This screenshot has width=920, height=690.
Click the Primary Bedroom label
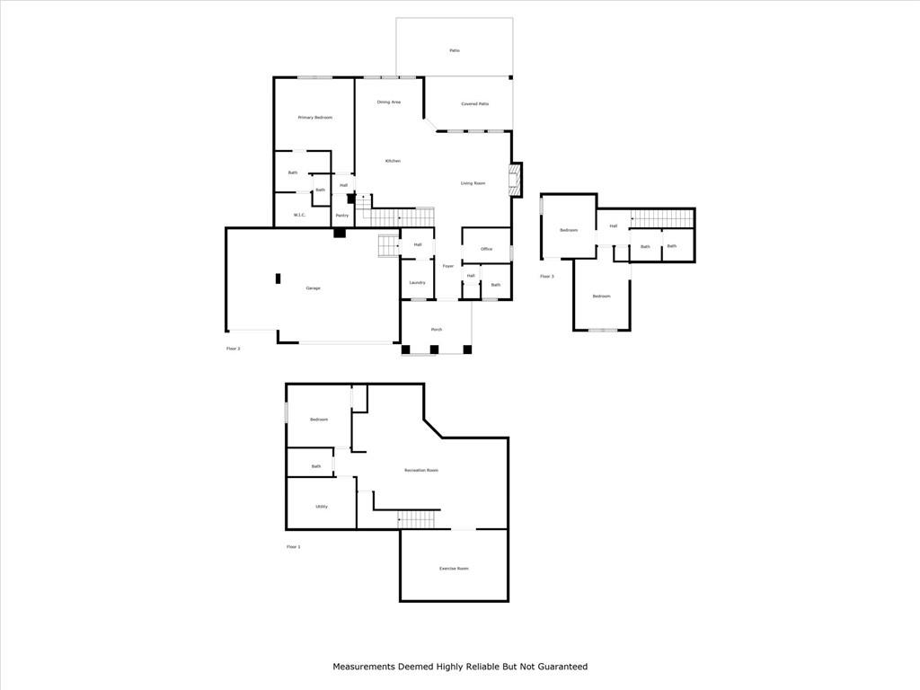coord(315,118)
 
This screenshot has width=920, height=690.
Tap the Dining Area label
coord(389,102)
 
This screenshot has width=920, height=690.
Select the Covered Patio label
coord(475,104)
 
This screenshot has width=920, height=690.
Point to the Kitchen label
coord(393,161)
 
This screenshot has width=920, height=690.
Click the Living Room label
coord(473,183)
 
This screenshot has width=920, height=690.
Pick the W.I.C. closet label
coord(300,215)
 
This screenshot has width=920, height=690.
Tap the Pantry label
coord(342,215)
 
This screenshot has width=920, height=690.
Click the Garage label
coord(313,287)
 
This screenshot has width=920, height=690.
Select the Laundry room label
coord(417,283)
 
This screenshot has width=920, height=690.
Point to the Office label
coord(486,249)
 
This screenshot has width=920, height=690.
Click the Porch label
coord(437,330)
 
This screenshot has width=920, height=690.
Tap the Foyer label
coord(447,266)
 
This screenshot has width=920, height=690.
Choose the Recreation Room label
coord(421,471)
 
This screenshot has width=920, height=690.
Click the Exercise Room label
coord(454,569)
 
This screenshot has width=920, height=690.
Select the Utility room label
coord(322,507)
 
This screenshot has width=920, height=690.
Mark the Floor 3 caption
coord(547,276)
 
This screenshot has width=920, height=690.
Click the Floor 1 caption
coord(294,546)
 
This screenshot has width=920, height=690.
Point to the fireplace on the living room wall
coord(515,180)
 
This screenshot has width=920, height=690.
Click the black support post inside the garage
coord(279,279)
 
